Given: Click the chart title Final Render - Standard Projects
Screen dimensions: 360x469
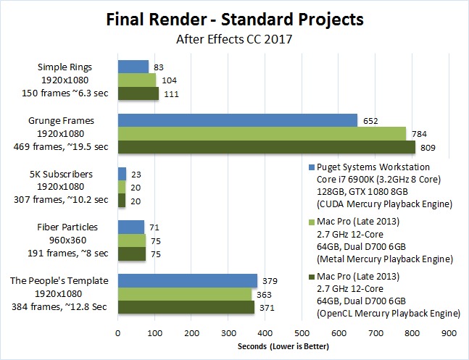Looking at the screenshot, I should [x=234, y=17].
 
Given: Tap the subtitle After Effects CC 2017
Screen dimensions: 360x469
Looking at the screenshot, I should [x=234, y=38].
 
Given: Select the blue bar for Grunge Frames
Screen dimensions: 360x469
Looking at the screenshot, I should [x=238, y=120].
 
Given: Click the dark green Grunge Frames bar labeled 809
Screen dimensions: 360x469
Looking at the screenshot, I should [x=266, y=147].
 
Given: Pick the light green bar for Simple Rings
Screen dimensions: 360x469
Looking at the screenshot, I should [x=137, y=80].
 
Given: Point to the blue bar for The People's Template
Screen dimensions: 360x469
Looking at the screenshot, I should [x=188, y=281].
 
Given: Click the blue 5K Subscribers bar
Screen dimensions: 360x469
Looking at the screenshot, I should [x=122, y=174].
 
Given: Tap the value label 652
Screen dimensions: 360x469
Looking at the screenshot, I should [x=370, y=121].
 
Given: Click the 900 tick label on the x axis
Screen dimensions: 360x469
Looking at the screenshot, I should [x=449, y=333].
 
